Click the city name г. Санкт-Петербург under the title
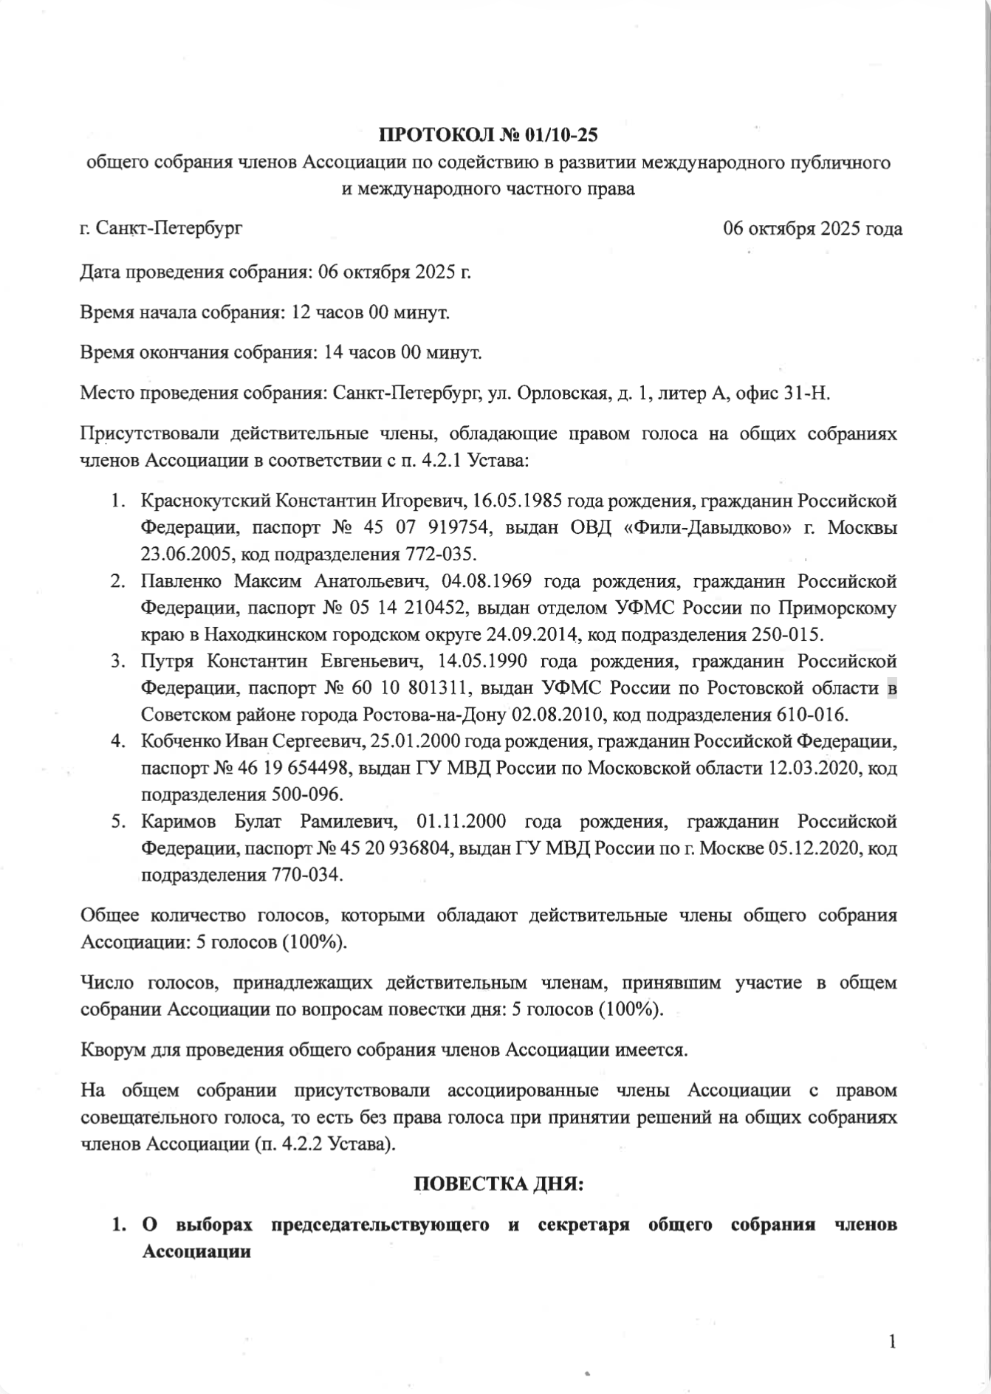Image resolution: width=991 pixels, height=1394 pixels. (161, 228)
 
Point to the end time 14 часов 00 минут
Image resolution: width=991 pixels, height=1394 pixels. (402, 353)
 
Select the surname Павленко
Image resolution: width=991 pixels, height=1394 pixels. (181, 581)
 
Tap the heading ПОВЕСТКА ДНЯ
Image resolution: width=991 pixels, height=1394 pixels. (498, 1184)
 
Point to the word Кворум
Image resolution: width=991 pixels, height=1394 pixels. (111, 1048)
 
